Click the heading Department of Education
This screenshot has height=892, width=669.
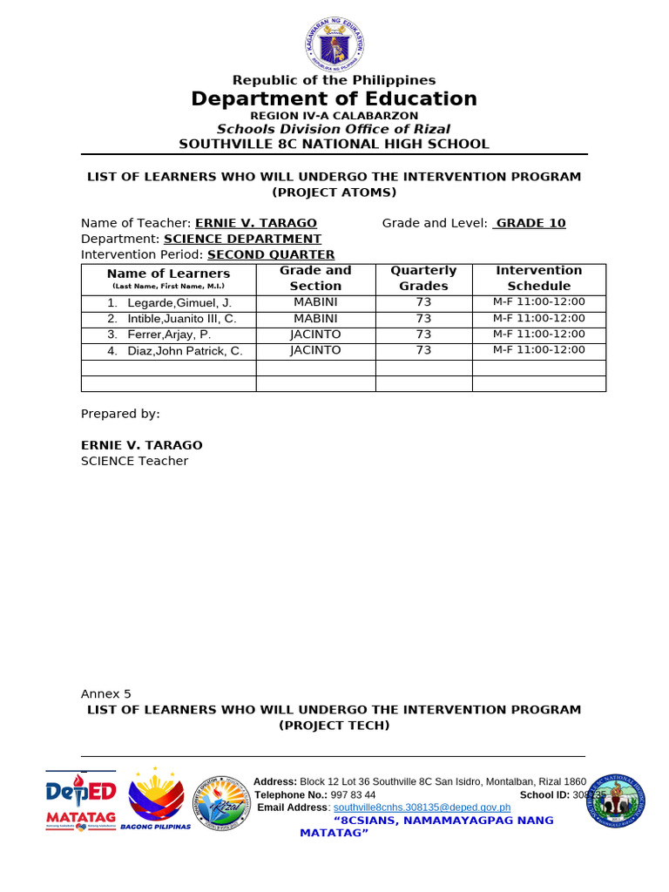pos(334,99)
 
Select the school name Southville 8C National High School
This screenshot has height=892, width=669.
pos(334,145)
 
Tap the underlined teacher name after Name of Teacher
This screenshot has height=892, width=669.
pos(256,223)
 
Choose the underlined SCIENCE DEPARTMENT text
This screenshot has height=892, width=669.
pos(242,239)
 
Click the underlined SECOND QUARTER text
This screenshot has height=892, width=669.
pos(271,254)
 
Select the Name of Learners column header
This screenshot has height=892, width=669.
pos(168,274)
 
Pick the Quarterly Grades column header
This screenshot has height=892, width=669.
pos(423,278)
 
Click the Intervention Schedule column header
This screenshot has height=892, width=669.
pos(538,278)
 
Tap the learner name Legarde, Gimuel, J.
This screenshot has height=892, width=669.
pos(175,303)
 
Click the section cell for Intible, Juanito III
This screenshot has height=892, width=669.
pos(315,319)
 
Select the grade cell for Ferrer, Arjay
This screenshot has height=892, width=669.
pos(423,334)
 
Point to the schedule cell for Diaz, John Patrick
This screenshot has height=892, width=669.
pos(538,350)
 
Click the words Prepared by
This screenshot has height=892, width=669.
pos(120,414)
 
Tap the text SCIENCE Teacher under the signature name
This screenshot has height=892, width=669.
pos(134,461)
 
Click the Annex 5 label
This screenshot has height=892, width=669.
pos(106,694)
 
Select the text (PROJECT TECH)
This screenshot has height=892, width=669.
pos(334,726)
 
